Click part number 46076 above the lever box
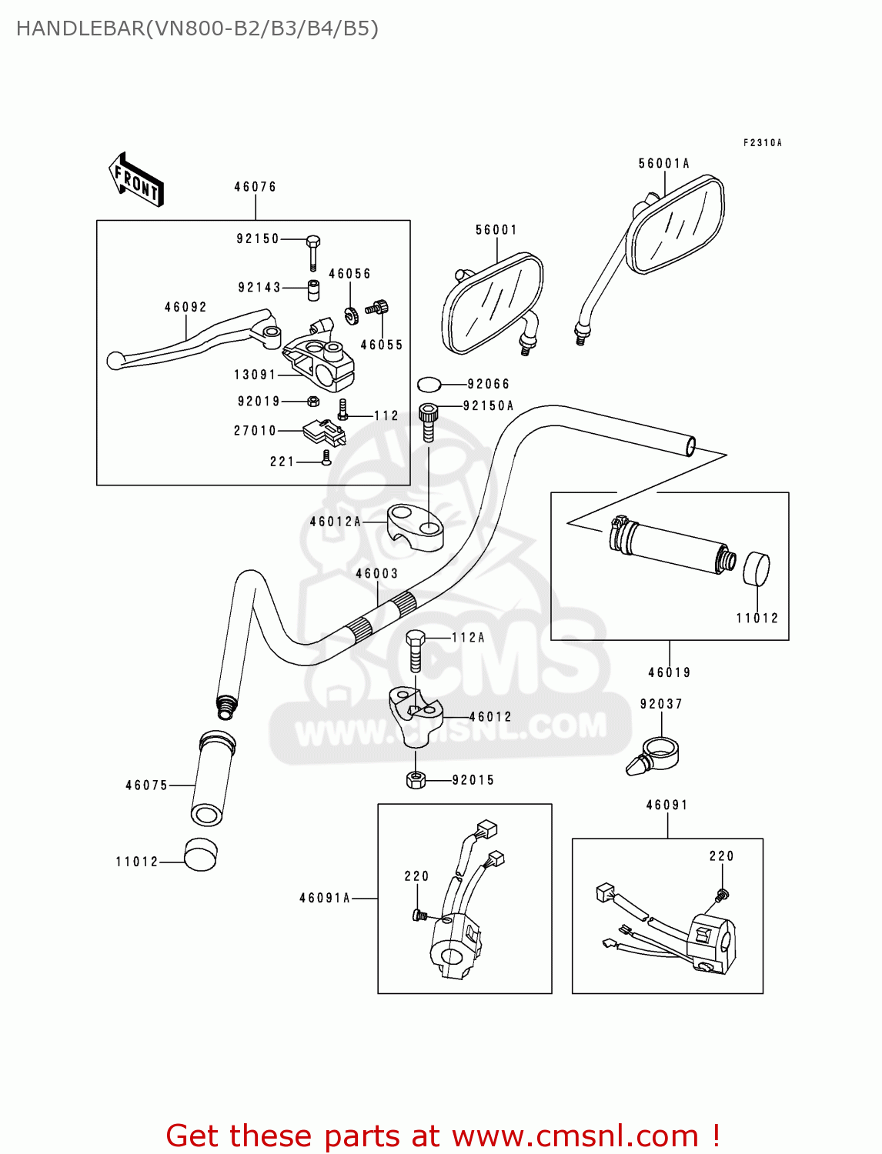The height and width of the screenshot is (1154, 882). tap(255, 187)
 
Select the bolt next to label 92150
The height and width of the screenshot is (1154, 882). tap(312, 250)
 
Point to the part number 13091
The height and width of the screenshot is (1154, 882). tap(255, 375)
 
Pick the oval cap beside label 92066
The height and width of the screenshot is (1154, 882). tap(429, 384)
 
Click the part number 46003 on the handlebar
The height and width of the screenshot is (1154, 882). tap(377, 574)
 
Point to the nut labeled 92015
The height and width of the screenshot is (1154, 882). tap(416, 780)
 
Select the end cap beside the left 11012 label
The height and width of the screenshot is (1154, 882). tap(200, 855)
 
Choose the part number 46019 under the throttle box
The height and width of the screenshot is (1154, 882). tap(669, 672)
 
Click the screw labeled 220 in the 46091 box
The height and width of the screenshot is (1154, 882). tap(722, 895)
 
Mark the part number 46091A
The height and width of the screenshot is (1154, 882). tap(325, 898)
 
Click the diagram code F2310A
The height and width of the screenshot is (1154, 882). tap(762, 143)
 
